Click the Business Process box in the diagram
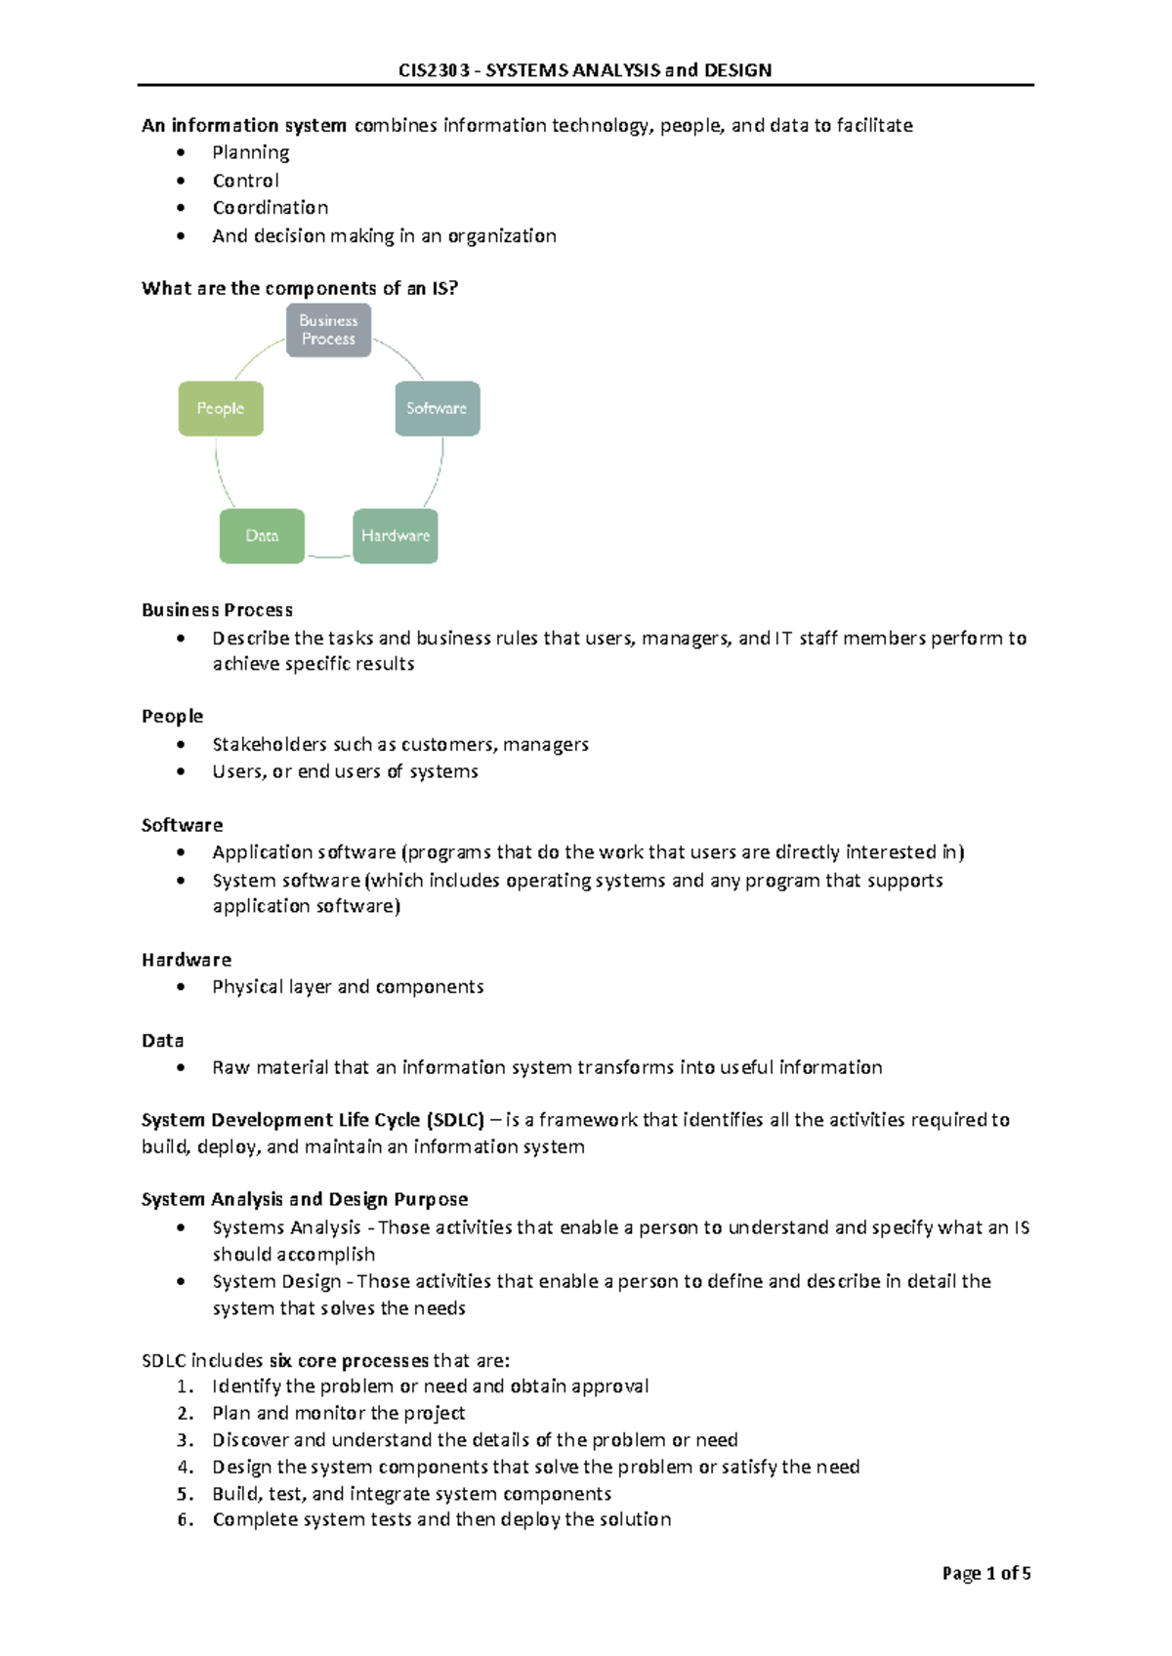point(328,330)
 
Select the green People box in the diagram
point(221,408)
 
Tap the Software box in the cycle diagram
point(437,408)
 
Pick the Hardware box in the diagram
point(395,536)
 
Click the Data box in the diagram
point(262,536)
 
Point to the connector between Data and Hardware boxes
point(328,557)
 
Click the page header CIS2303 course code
point(433,70)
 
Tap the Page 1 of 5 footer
point(985,1573)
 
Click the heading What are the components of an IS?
point(299,288)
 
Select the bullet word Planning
point(250,152)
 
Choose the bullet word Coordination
point(270,208)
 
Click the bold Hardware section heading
point(186,960)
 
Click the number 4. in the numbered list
point(186,1467)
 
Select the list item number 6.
point(186,1519)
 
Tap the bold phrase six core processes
point(349,1360)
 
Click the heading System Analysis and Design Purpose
point(304,1199)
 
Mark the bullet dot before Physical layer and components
point(181,987)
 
